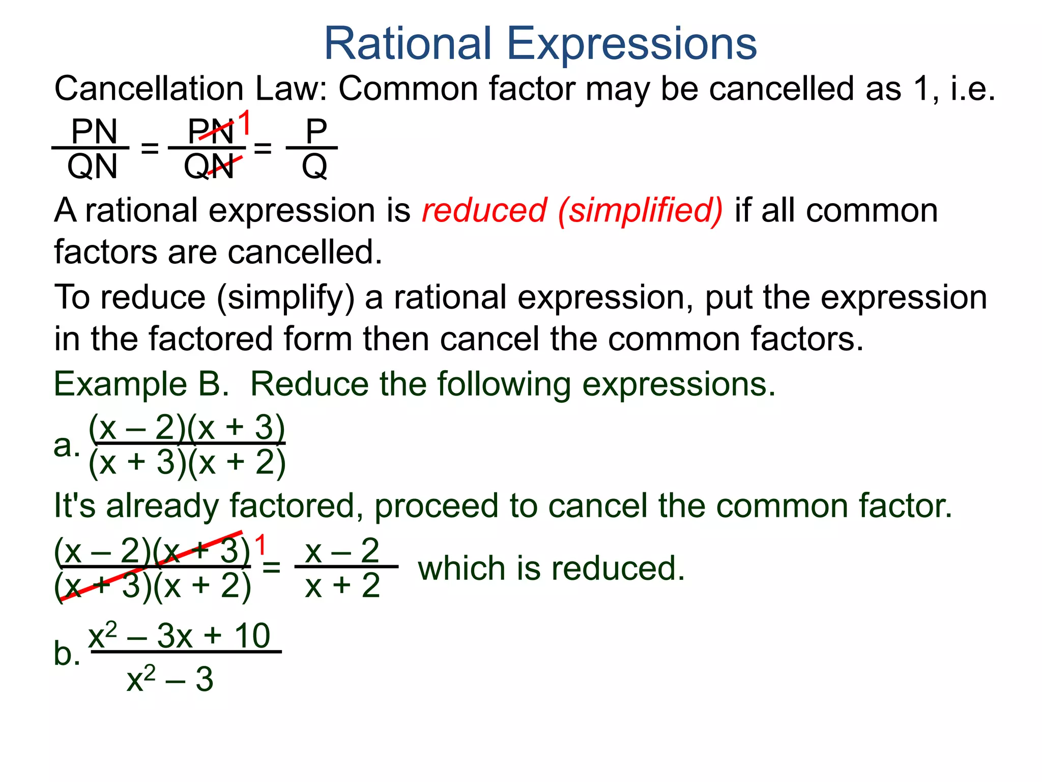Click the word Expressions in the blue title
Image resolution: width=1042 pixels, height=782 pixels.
click(x=632, y=45)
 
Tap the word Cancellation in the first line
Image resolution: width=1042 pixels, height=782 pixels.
click(x=149, y=89)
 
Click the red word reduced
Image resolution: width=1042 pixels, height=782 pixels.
click(x=484, y=210)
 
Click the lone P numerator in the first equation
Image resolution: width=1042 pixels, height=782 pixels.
click(x=315, y=131)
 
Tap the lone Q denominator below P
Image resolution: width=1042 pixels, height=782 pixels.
click(x=314, y=166)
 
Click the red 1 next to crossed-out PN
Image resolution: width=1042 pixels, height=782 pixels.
click(x=245, y=123)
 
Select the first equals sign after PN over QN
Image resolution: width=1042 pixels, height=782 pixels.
click(x=150, y=149)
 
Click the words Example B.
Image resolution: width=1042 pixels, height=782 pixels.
click(x=141, y=384)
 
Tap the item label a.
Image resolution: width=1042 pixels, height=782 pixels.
click(x=66, y=445)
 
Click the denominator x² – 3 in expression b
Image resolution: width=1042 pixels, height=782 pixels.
click(x=170, y=679)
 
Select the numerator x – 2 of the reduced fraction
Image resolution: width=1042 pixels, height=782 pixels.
click(x=342, y=550)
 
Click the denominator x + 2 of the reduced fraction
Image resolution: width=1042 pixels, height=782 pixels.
click(x=342, y=585)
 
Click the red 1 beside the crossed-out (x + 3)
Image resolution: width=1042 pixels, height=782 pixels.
click(x=260, y=545)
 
